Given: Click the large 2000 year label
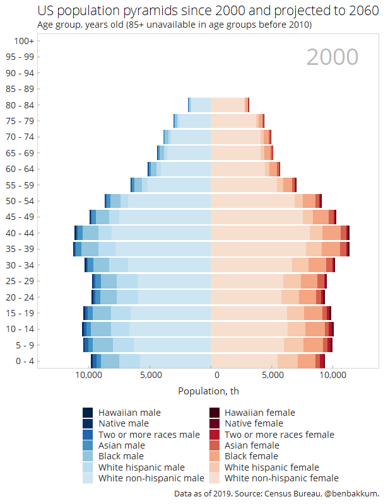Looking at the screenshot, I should coord(332,57).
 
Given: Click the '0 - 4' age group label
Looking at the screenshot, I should coord(25,361).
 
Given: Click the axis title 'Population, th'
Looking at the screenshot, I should coord(208,391).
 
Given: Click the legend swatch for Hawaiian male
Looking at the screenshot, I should coord(88,413).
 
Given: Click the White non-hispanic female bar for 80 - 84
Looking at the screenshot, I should coord(227,105).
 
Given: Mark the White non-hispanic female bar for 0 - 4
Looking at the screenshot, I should coord(244,361).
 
